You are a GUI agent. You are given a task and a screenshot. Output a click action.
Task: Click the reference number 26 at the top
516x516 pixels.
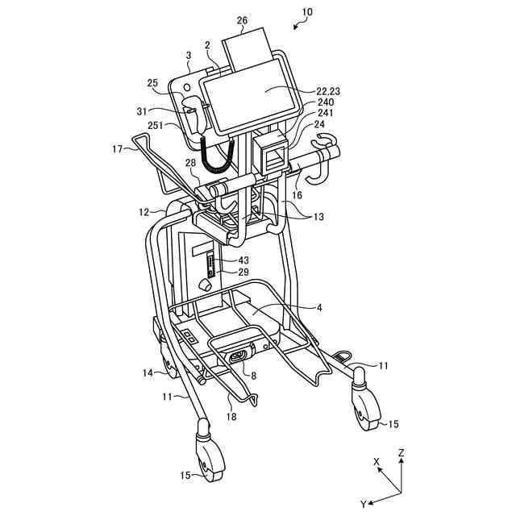(x=243, y=20)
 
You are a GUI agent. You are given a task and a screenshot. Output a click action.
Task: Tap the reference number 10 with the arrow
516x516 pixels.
(x=306, y=13)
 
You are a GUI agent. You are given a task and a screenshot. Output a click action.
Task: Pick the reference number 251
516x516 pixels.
(x=176, y=125)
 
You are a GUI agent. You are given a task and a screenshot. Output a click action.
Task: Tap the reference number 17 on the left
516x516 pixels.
(x=118, y=148)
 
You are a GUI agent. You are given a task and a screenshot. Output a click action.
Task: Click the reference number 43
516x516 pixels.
(x=243, y=260)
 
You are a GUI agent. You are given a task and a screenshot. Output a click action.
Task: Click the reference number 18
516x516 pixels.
(x=231, y=417)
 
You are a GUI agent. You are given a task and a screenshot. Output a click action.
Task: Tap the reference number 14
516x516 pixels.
(x=148, y=373)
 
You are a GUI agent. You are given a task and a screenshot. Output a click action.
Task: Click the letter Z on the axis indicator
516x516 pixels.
(x=402, y=454)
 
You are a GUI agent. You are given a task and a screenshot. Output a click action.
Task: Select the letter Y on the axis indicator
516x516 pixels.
(x=364, y=503)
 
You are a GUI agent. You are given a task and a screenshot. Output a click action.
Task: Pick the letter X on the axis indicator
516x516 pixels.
(x=377, y=462)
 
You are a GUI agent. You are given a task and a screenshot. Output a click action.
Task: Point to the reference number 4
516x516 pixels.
(x=318, y=307)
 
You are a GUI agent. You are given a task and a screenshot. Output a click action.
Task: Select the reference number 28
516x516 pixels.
(x=190, y=164)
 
